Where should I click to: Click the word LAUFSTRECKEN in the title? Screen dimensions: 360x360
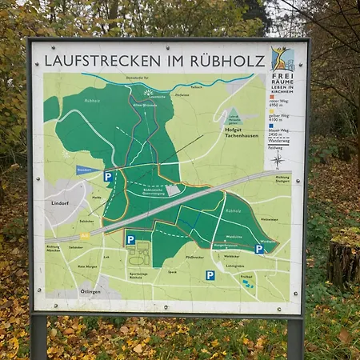(91, 60)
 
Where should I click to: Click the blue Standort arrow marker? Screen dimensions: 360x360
(88, 170)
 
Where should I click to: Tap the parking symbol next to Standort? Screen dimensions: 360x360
(108, 176)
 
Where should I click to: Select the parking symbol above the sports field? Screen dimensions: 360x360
(130, 239)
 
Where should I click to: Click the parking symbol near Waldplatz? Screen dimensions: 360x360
(259, 249)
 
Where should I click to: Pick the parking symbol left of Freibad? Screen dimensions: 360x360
(210, 275)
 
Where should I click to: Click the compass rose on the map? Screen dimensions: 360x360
(278, 160)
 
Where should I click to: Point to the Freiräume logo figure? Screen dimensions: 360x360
(282, 58)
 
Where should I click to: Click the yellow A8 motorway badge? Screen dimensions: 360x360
(84, 237)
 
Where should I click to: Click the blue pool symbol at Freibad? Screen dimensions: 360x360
(247, 282)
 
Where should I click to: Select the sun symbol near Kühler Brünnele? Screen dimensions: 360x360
(147, 92)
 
